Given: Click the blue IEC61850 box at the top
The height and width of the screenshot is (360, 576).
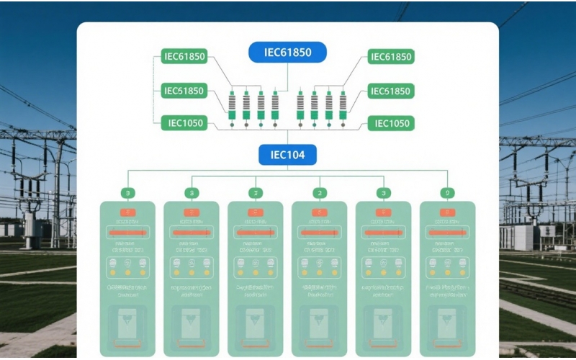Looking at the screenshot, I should (287, 53).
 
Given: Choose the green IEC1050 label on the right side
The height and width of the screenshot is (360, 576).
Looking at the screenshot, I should (391, 123).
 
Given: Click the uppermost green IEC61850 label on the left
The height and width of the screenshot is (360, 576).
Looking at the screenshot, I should (184, 57).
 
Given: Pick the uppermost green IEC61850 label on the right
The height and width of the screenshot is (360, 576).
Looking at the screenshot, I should (391, 57).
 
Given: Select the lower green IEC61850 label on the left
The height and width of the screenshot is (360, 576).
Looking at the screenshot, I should (184, 91).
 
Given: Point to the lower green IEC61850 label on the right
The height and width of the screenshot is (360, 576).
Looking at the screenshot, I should (391, 91).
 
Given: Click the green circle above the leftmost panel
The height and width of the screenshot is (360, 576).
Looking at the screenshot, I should (127, 193).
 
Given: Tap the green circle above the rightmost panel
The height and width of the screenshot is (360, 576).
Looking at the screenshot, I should (447, 193).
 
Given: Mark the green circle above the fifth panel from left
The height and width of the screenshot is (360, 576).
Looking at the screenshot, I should (384, 193).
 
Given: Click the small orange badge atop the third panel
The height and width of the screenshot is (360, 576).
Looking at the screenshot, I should (256, 212).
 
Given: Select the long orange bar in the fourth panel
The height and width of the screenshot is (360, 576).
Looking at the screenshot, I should (320, 233).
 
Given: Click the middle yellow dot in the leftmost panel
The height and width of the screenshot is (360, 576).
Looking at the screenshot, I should (127, 273).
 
